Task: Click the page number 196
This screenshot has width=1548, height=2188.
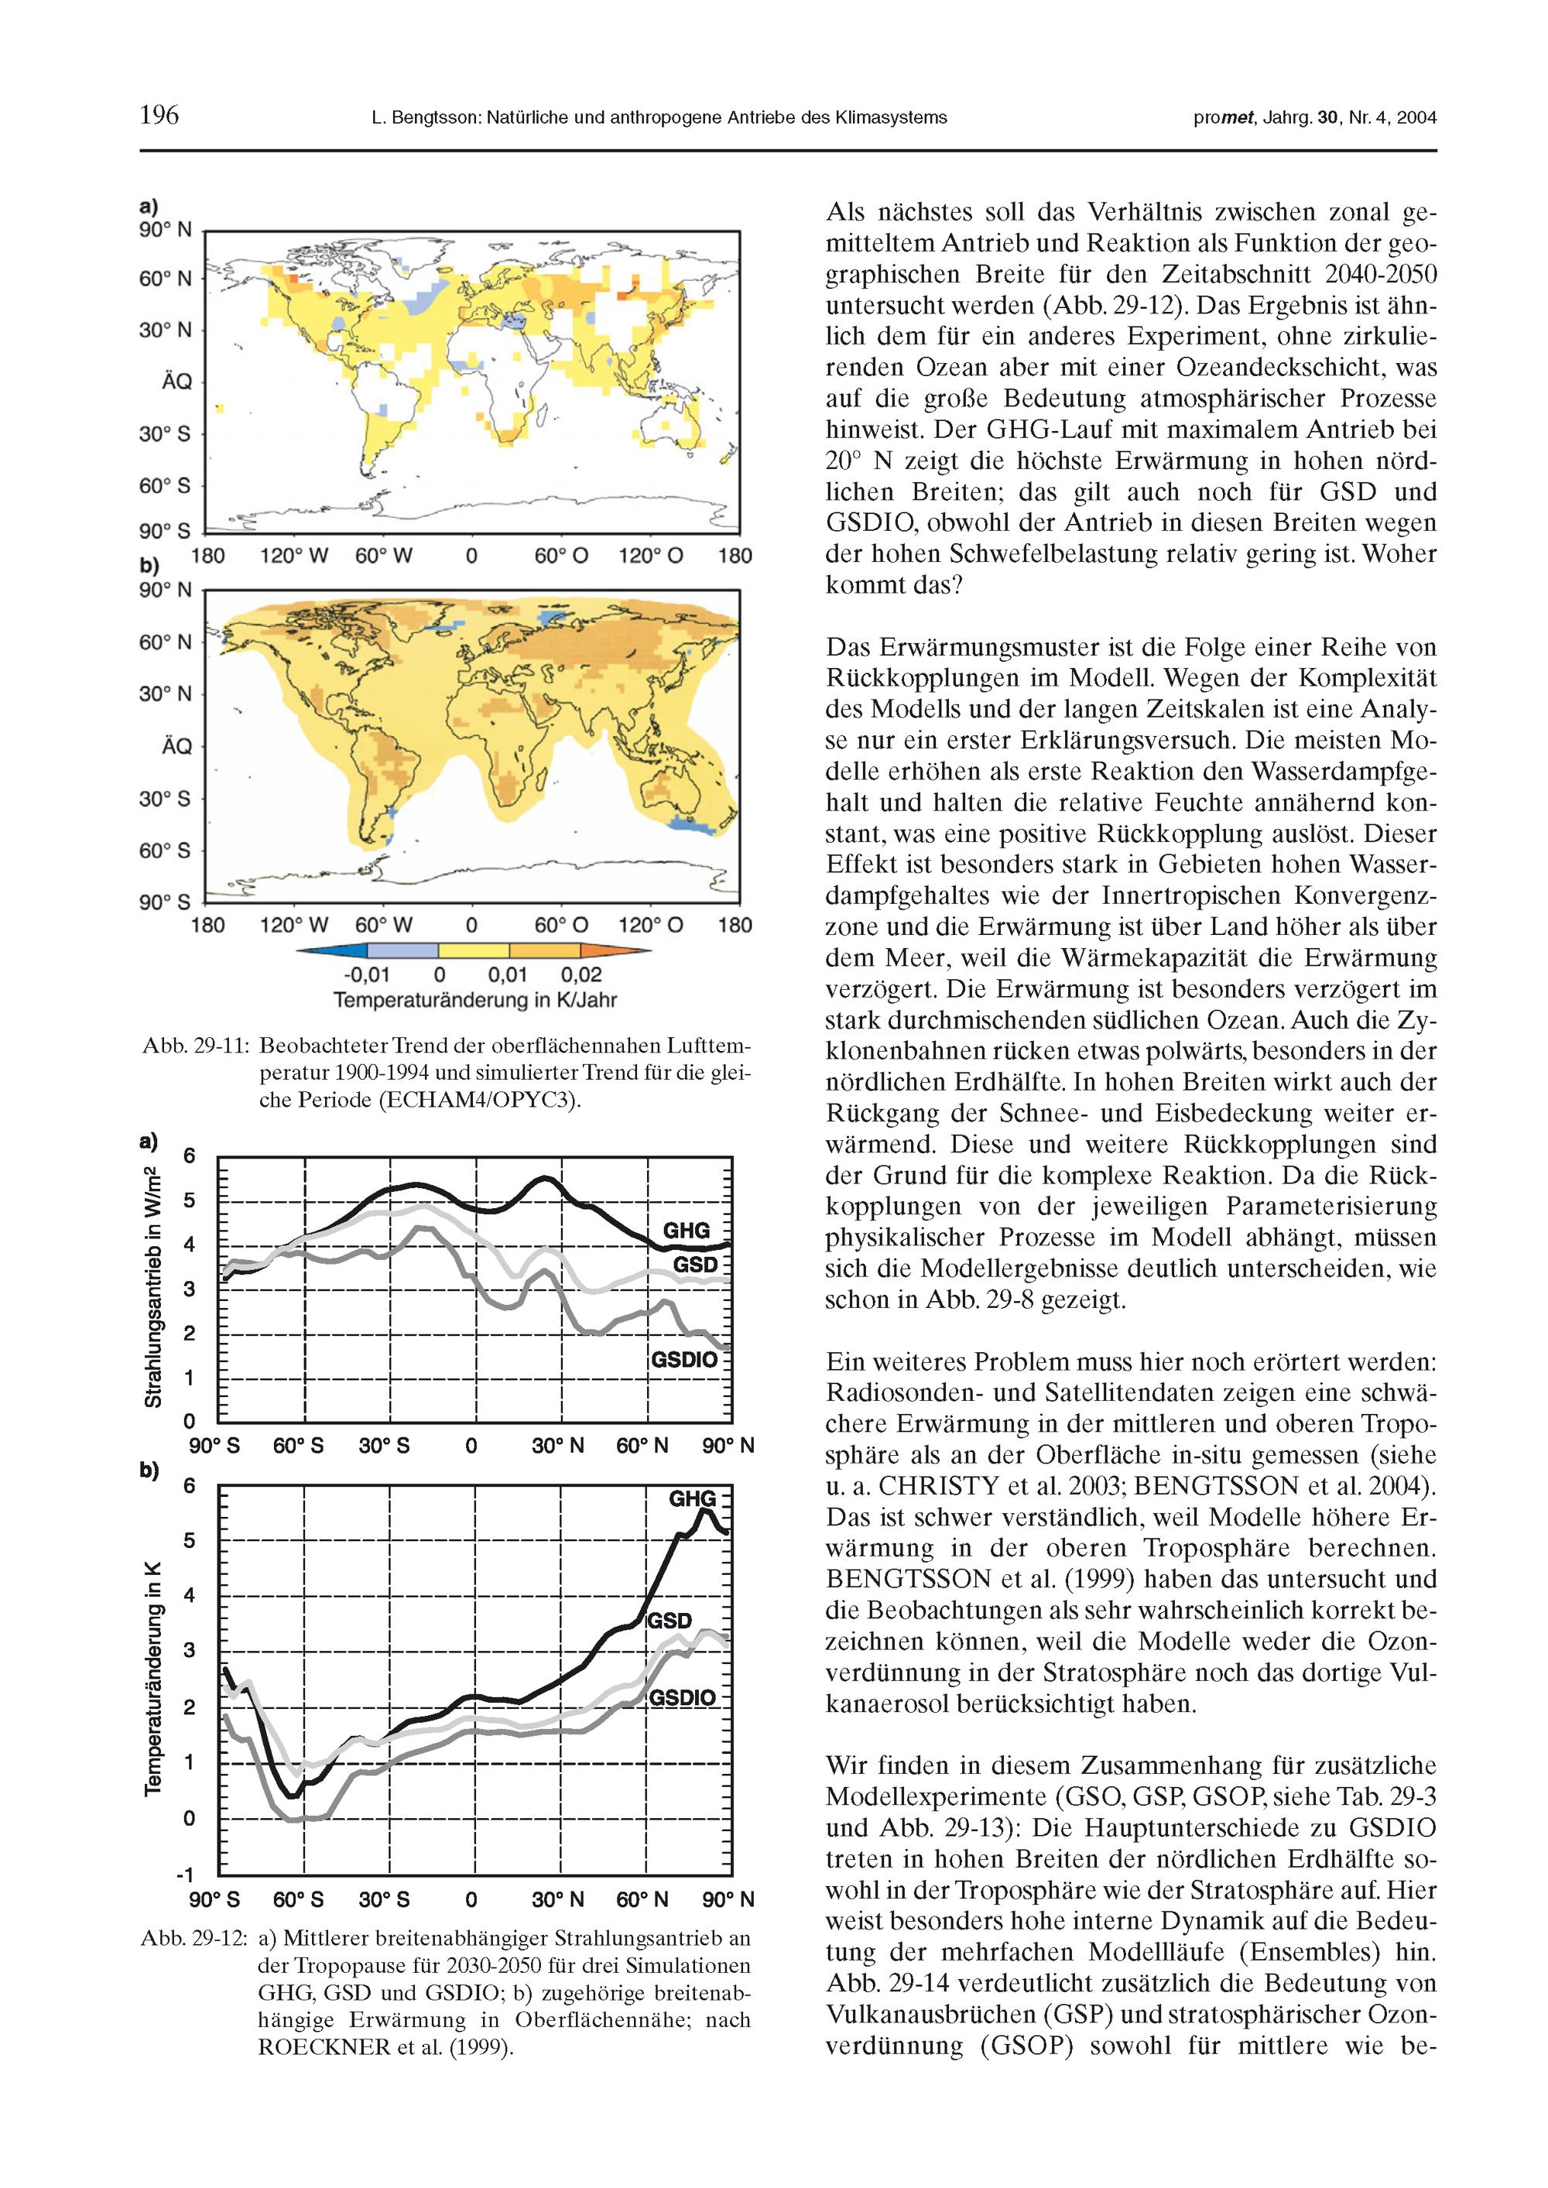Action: pos(159,115)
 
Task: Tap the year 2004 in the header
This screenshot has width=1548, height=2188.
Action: pos(1416,118)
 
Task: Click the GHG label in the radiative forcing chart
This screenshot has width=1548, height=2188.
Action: pos(687,1231)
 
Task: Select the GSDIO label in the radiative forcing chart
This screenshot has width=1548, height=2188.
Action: pos(683,1360)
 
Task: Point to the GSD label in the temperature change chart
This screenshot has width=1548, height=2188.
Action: pos(670,1621)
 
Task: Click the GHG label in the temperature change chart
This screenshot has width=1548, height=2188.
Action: pos(692,1499)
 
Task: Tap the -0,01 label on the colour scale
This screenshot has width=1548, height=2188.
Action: pos(367,976)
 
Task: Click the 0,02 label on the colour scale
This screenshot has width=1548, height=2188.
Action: pos(582,976)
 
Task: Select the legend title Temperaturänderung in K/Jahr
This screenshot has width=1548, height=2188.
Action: pos(474,1001)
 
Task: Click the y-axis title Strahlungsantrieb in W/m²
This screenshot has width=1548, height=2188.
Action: pos(152,1286)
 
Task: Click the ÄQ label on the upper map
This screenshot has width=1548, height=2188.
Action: pos(176,382)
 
